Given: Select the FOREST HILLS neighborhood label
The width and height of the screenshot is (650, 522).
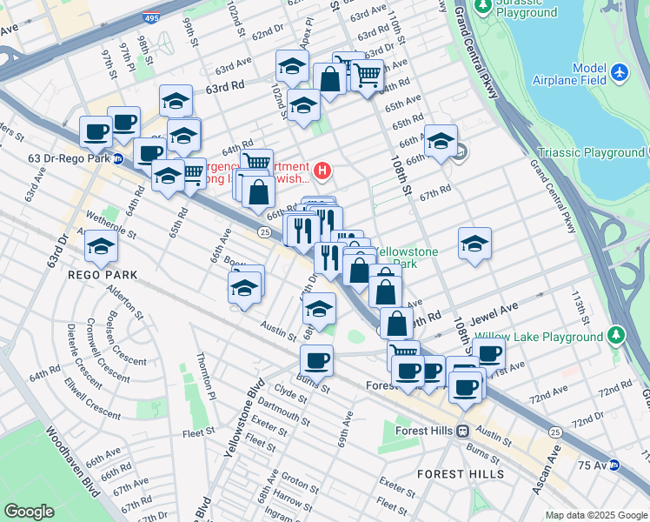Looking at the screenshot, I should click(x=460, y=474).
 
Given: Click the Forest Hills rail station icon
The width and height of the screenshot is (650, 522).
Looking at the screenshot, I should click(x=464, y=431).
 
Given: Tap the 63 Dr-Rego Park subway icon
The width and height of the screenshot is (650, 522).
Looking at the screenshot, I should click(x=117, y=159).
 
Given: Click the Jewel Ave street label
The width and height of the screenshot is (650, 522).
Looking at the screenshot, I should click(x=494, y=307).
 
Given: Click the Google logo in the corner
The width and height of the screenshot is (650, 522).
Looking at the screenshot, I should click(x=29, y=512).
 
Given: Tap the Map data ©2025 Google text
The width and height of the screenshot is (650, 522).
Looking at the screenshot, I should click(x=595, y=515).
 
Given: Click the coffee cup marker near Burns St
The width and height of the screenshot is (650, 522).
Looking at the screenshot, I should click(x=316, y=360).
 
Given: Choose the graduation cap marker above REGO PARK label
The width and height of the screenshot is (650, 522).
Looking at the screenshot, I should click(x=101, y=247).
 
